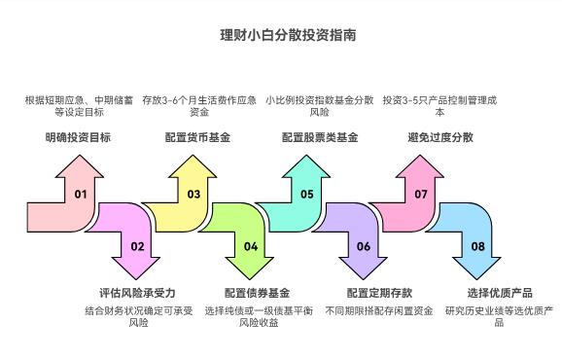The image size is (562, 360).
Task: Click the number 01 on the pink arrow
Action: click(x=81, y=195)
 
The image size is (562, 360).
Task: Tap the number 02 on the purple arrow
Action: click(x=137, y=246)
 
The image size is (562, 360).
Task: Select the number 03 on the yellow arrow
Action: click(x=193, y=195)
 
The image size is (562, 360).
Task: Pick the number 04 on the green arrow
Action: click(x=251, y=246)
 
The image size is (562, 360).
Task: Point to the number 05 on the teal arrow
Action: click(x=307, y=195)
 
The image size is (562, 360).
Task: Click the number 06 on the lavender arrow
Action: click(x=364, y=246)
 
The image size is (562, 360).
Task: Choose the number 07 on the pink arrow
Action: click(x=421, y=195)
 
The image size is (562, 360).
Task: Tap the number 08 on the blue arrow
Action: click(x=477, y=246)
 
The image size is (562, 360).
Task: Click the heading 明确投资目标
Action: click(x=78, y=138)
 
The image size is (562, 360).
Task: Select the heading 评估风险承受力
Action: click(x=137, y=293)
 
